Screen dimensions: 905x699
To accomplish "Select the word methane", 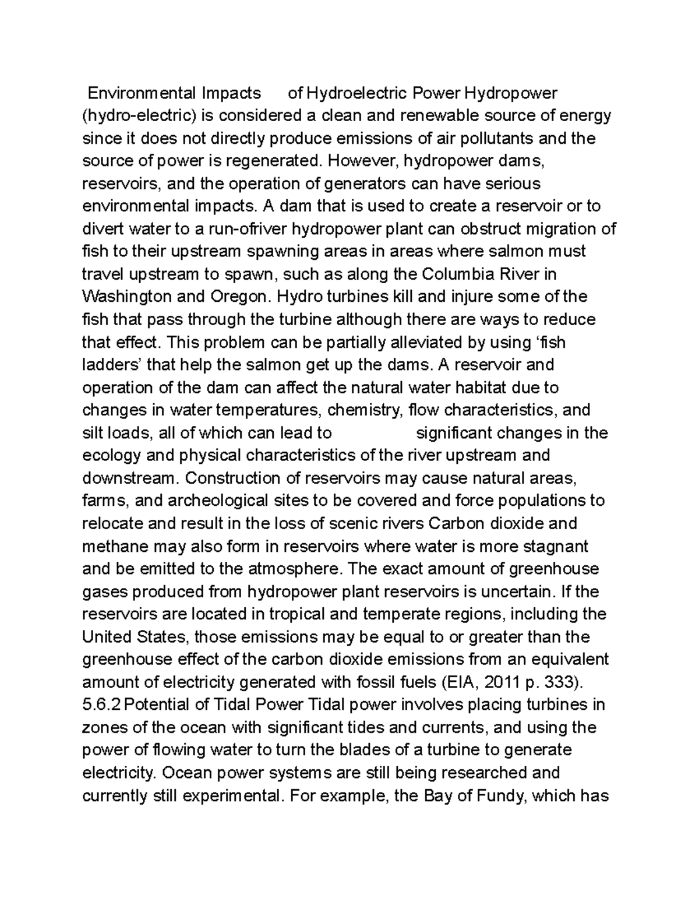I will [115, 547].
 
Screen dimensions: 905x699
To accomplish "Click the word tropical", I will [284, 614].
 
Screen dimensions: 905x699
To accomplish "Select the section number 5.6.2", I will [101, 705].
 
